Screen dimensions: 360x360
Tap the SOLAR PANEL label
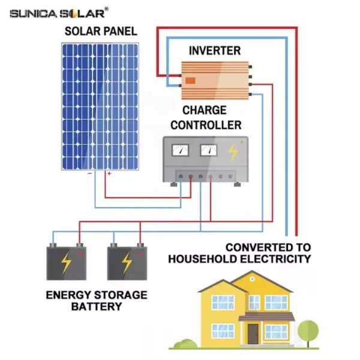(101, 31)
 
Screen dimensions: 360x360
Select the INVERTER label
(215, 51)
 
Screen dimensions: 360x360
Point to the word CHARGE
(204, 111)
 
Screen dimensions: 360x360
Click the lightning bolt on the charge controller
(233, 154)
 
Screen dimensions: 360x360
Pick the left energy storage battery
(66, 263)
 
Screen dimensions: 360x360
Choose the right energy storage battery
(127, 263)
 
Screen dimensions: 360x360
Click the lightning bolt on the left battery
(66, 263)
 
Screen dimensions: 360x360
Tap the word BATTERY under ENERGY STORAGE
(97, 307)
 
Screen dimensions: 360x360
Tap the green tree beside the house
(308, 329)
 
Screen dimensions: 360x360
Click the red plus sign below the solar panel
(109, 173)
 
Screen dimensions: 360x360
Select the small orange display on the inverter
(190, 80)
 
